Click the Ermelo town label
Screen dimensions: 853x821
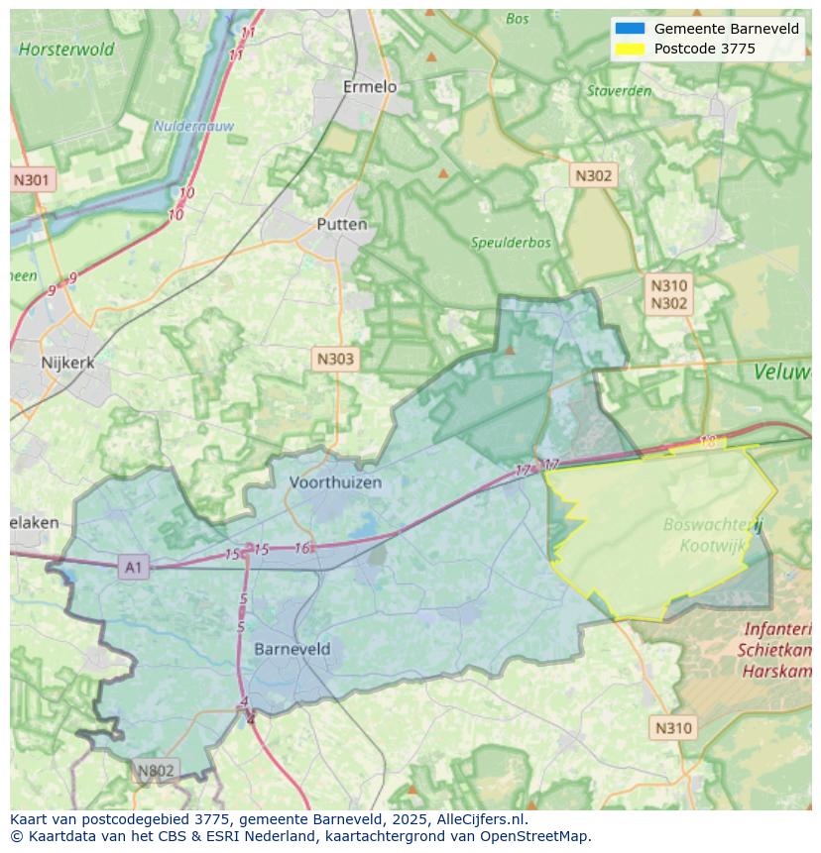370,87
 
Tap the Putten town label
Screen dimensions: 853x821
342,225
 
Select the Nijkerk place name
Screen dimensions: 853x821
68,363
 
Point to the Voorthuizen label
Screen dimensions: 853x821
335,482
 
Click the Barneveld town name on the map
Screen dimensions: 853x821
293,649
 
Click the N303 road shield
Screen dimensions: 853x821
335,359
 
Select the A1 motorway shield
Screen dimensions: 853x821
133,567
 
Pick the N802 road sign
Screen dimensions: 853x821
156,771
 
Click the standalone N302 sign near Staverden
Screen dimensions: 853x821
594,175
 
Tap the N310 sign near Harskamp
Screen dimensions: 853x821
674,728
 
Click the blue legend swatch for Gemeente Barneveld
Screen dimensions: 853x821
630,29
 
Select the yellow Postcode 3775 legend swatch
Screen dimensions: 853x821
630,49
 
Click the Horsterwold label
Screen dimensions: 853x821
66,49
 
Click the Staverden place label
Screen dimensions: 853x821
619,91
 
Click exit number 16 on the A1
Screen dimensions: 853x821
302,548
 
